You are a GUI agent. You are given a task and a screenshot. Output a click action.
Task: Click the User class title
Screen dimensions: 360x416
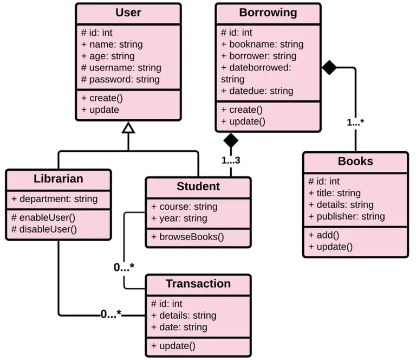(x=128, y=12)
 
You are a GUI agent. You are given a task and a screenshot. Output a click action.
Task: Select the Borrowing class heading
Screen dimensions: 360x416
(x=268, y=12)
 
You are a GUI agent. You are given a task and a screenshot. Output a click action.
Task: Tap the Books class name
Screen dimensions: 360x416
(x=355, y=161)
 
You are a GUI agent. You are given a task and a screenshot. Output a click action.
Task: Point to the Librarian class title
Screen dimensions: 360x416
(x=58, y=178)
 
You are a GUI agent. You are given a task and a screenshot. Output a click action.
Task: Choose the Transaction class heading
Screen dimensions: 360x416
(x=198, y=284)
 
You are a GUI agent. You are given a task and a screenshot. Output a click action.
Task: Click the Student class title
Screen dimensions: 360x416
(x=198, y=187)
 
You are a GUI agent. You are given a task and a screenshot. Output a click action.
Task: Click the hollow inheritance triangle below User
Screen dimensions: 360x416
(x=128, y=128)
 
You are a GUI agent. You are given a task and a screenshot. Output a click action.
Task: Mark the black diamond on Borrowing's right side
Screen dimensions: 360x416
(x=329, y=67)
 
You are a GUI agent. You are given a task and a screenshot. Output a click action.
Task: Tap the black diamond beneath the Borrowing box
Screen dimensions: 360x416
(x=231, y=140)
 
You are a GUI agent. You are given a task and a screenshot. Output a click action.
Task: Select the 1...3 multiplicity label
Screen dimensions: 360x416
(x=231, y=160)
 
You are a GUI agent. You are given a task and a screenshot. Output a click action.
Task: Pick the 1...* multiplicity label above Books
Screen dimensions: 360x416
(x=355, y=123)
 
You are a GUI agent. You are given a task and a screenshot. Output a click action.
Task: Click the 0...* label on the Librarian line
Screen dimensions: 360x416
(x=111, y=314)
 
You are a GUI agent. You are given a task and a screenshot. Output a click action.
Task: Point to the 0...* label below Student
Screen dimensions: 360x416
(x=124, y=267)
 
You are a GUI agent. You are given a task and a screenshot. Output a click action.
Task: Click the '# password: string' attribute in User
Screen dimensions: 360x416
(x=120, y=79)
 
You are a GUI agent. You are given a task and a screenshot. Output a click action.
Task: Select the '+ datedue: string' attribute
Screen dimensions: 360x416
(x=257, y=91)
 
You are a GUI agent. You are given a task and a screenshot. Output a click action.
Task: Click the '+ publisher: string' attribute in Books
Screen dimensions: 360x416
(x=347, y=216)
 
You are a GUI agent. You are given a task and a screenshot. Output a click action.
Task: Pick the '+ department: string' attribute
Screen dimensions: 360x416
(x=54, y=199)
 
